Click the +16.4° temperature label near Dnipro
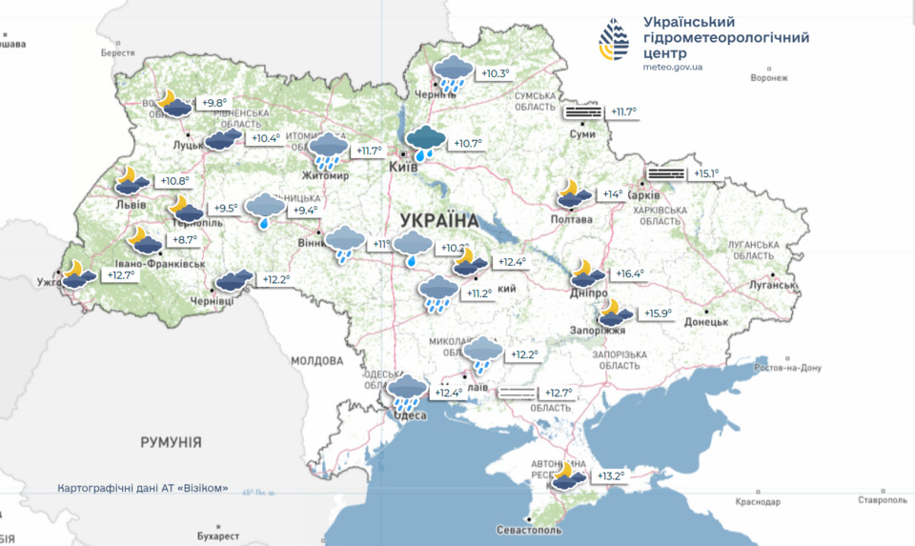coord(629,273)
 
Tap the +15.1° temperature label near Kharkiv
coord(706,173)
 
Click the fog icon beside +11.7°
coord(583,112)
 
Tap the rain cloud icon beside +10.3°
coord(452,73)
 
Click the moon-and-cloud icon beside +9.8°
coord(173,103)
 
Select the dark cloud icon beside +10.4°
coord(223,139)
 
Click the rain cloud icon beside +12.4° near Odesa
coord(409,393)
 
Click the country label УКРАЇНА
coord(439,219)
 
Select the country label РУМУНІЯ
coord(171,442)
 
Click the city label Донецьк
coord(704,322)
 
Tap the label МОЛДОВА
coord(316,361)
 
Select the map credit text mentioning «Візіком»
coord(143,488)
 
